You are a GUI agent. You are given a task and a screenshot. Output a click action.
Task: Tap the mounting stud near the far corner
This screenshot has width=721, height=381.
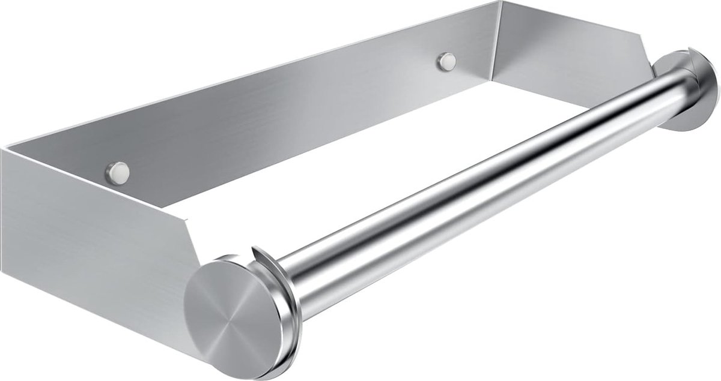(x=446, y=61)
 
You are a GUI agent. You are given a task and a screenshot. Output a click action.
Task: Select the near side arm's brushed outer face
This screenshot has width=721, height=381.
(x=90, y=252)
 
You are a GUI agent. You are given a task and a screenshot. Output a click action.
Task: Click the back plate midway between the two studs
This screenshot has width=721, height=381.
(x=282, y=114)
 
